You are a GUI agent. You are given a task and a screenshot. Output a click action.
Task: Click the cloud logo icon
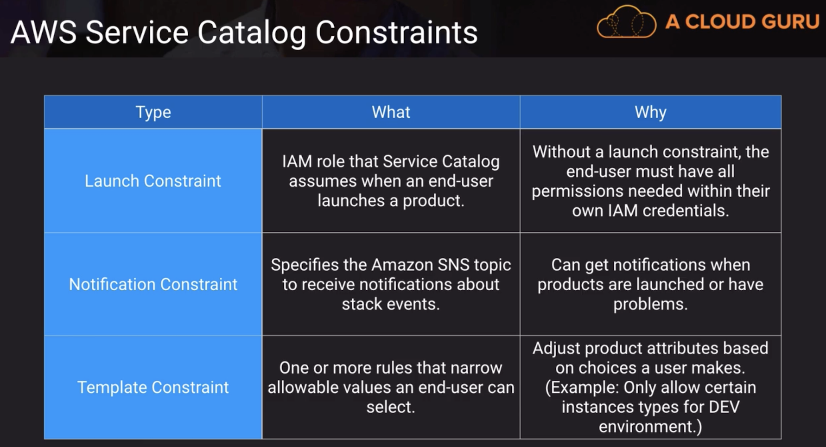pyautogui.click(x=626, y=22)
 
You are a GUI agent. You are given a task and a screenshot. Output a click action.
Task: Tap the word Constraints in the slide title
pyautogui.click(x=396, y=32)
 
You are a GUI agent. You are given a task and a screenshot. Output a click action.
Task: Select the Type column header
pyautogui.click(x=153, y=112)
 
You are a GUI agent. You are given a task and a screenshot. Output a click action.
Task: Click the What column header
pyautogui.click(x=391, y=112)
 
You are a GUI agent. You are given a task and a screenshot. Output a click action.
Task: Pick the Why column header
pyautogui.click(x=650, y=112)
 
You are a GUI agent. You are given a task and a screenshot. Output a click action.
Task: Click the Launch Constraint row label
pyautogui.click(x=153, y=181)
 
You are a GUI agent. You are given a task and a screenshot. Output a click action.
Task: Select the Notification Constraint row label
pyautogui.click(x=153, y=284)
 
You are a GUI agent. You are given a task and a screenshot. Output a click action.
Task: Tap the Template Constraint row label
pyautogui.click(x=153, y=387)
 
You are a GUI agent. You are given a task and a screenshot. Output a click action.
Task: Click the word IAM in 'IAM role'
pyautogui.click(x=297, y=161)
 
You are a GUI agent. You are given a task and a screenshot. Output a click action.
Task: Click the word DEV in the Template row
pyautogui.click(x=724, y=407)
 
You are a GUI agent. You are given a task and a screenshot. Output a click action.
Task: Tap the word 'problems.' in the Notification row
pyautogui.click(x=650, y=304)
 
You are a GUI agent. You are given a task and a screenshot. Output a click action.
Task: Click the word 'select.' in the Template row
pyautogui.click(x=391, y=407)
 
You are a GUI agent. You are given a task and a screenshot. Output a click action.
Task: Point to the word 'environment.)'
pyautogui.click(x=650, y=427)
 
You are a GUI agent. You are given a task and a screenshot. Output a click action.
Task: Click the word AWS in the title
pyautogui.click(x=44, y=32)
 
